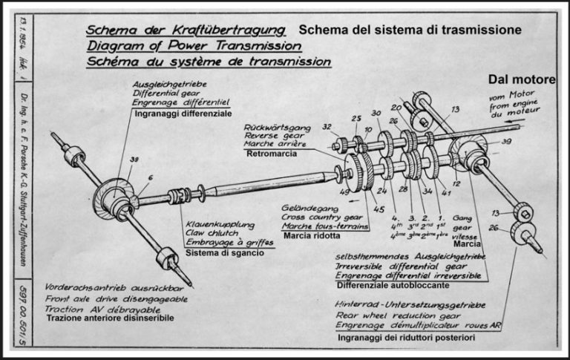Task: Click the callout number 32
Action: (327, 128)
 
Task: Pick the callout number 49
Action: (345, 192)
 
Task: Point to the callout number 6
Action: (151, 177)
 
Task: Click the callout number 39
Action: (506, 142)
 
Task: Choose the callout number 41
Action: (445, 192)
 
